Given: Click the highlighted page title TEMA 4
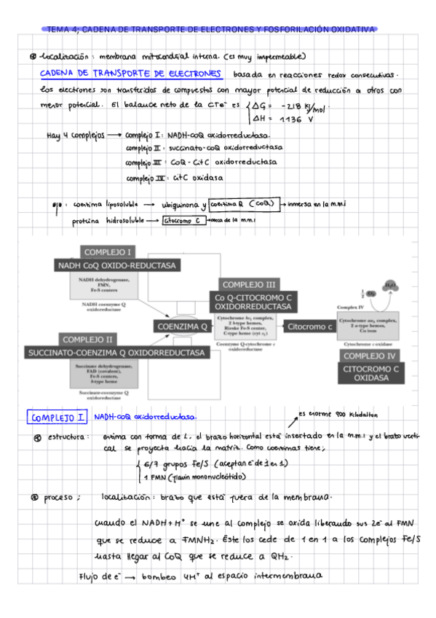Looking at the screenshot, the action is (211, 30).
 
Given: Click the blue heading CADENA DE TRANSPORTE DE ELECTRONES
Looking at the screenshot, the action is (131, 74).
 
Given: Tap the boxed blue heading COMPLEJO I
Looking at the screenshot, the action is (58, 418).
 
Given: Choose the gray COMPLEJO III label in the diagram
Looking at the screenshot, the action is (249, 284).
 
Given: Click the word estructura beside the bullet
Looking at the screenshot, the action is (68, 437).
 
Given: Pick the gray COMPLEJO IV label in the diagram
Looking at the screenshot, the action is (371, 356).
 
